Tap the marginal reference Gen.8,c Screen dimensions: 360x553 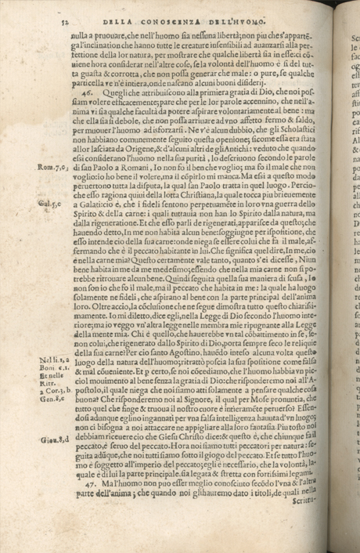pos(49,399)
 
